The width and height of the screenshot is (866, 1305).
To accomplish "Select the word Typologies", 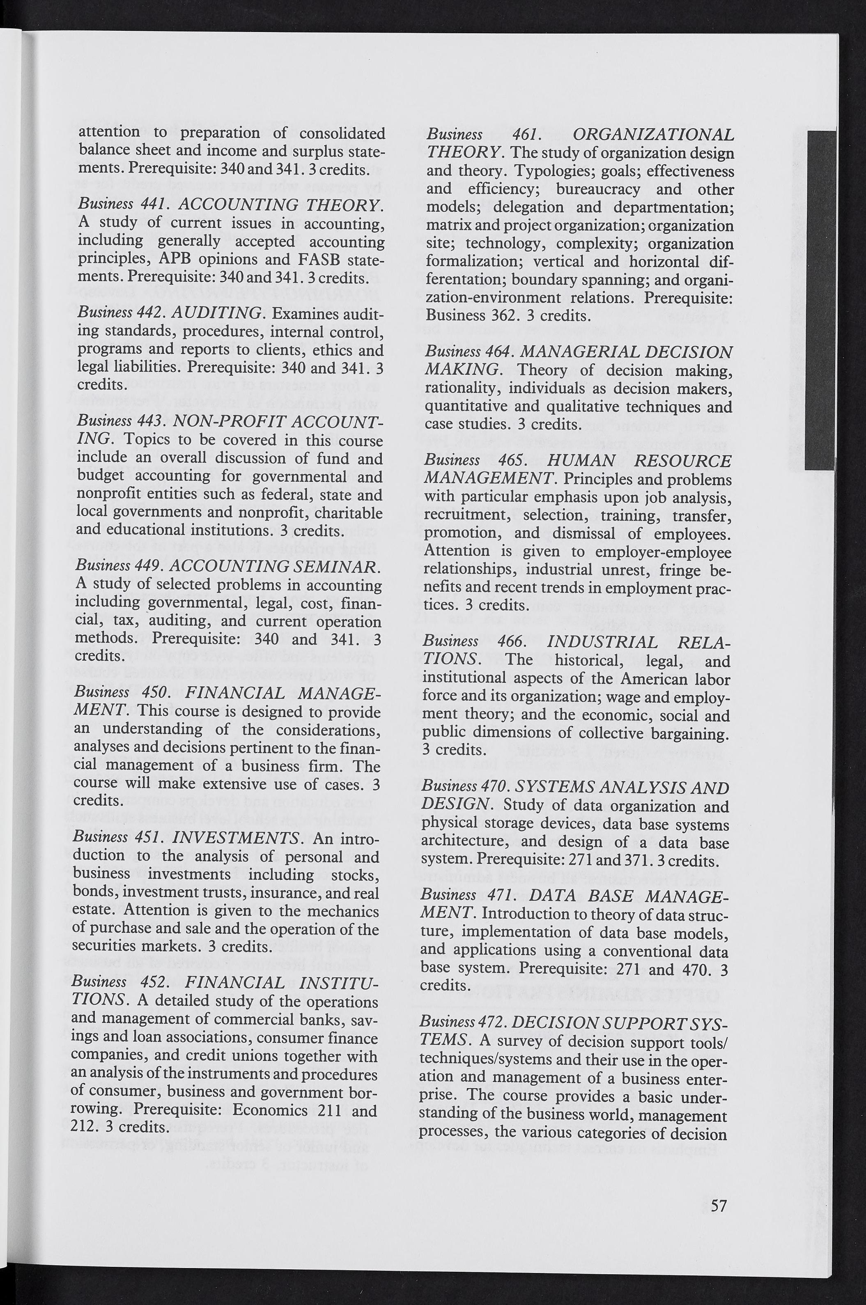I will point(547,171).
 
